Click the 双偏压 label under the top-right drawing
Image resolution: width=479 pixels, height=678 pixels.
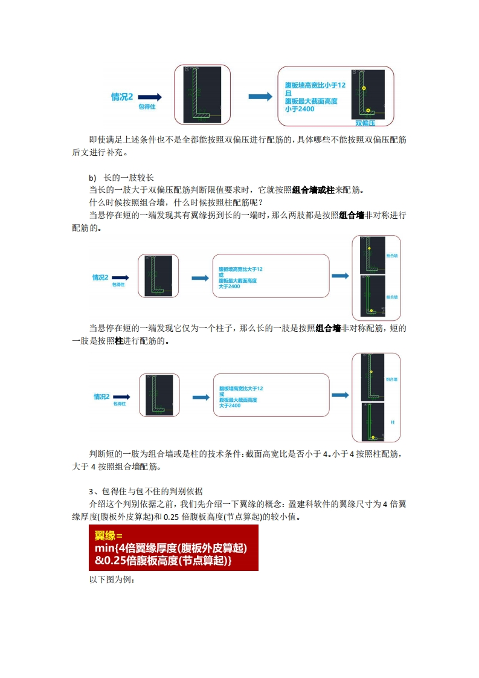coord(365,123)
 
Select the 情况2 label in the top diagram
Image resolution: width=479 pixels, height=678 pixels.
coord(122,97)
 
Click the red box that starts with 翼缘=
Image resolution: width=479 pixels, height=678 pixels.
coord(173,547)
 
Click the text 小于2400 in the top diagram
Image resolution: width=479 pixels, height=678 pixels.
coord(300,109)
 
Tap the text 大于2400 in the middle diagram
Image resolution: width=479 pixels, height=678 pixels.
coord(230,286)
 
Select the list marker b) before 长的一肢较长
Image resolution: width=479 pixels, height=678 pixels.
coord(92,178)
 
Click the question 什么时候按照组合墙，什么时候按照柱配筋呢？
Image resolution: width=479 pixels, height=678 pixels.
coord(176,202)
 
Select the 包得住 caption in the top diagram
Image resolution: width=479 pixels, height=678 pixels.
coord(147,106)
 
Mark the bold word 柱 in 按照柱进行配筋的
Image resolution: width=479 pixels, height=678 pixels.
coord(119,341)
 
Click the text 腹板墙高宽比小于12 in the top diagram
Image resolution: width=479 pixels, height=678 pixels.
coord(315,86)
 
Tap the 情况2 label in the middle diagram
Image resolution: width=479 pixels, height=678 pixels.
coord(100,277)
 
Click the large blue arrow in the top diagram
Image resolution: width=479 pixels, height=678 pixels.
coord(260,97)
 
